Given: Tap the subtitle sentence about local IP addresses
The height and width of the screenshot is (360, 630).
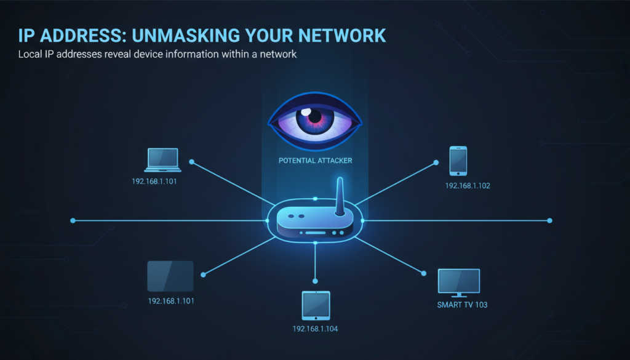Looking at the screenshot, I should pos(157,54).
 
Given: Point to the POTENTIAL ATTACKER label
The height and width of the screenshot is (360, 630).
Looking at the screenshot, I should pos(315,161).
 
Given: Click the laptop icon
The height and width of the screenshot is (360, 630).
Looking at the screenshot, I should pos(162,160).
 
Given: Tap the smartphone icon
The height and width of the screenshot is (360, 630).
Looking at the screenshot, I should pos(458,161).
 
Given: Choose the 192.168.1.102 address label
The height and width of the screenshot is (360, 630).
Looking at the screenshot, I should pos(468,185).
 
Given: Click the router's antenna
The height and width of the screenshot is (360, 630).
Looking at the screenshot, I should pos(339,196).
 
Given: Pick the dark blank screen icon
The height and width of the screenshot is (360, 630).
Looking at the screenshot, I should pos(170,276).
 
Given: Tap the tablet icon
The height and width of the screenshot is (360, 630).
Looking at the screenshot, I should pos(316,306).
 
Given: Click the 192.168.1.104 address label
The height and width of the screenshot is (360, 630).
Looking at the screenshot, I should pos(315,329).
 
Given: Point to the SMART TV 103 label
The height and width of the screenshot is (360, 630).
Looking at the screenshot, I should pos(462,305).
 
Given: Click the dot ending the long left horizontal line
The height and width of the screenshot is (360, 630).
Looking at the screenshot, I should pos(73,220).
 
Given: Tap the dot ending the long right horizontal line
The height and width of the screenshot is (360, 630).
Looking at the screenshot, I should pos(549,220).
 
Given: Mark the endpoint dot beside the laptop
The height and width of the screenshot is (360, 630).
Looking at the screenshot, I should pos(192,162).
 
